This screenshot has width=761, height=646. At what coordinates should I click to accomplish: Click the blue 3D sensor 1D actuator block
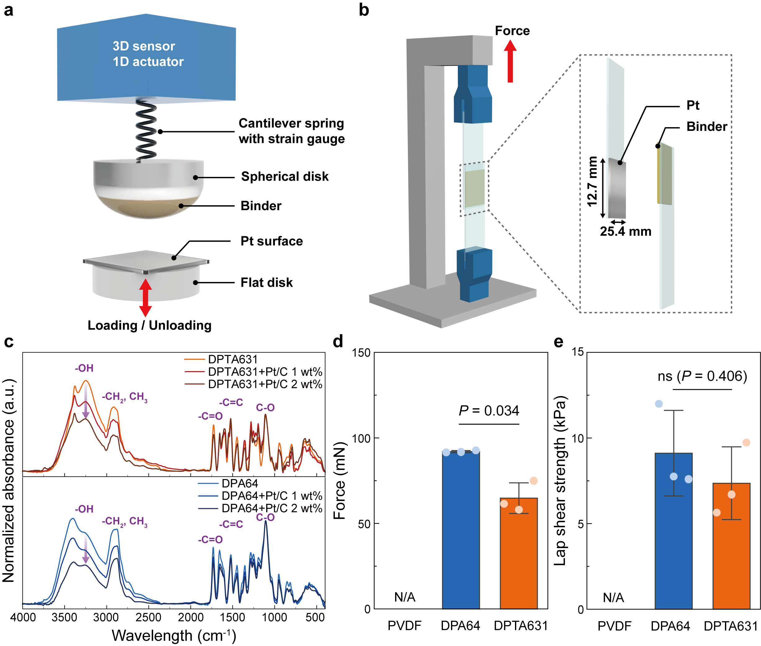pos(146,58)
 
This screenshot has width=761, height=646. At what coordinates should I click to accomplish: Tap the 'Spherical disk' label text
pos(285,177)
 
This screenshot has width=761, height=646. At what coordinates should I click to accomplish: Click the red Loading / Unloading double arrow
pos(145,298)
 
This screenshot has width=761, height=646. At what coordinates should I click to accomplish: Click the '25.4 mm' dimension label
pos(626,231)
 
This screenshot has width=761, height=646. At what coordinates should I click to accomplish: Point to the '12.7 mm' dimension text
pos(592,182)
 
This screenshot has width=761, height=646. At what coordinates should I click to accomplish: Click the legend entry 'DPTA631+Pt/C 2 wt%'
pos(265,384)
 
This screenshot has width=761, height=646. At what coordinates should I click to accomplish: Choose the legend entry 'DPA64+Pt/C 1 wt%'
pos(271,496)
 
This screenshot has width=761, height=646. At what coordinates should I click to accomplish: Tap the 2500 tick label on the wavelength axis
pos(148,617)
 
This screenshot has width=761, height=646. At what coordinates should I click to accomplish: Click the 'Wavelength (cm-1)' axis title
pos(174,635)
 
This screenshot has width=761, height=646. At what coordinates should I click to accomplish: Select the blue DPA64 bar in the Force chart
pos(461,531)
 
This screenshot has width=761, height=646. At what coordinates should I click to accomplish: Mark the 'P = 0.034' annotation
pos(489,411)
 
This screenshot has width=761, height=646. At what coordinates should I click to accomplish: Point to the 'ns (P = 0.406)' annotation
pos(702,376)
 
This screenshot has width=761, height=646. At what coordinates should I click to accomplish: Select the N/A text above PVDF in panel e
pos(613,598)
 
